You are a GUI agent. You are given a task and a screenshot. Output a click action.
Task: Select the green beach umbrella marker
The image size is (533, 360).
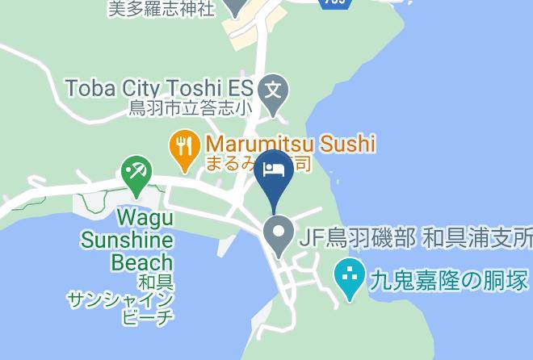coord(136,171)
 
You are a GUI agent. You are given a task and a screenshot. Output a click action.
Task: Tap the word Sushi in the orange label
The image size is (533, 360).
coord(345,144)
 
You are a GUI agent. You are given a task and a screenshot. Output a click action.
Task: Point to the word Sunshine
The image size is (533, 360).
coord(127,241)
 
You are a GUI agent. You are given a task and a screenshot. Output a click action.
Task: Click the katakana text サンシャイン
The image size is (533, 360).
coord(120,300)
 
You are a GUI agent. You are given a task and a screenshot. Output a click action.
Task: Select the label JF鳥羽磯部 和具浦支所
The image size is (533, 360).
coord(415,238)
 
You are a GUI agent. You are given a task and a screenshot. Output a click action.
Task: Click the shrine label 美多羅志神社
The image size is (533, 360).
coord(161,9)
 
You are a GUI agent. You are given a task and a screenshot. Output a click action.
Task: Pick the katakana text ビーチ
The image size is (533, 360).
coord(147,317)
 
